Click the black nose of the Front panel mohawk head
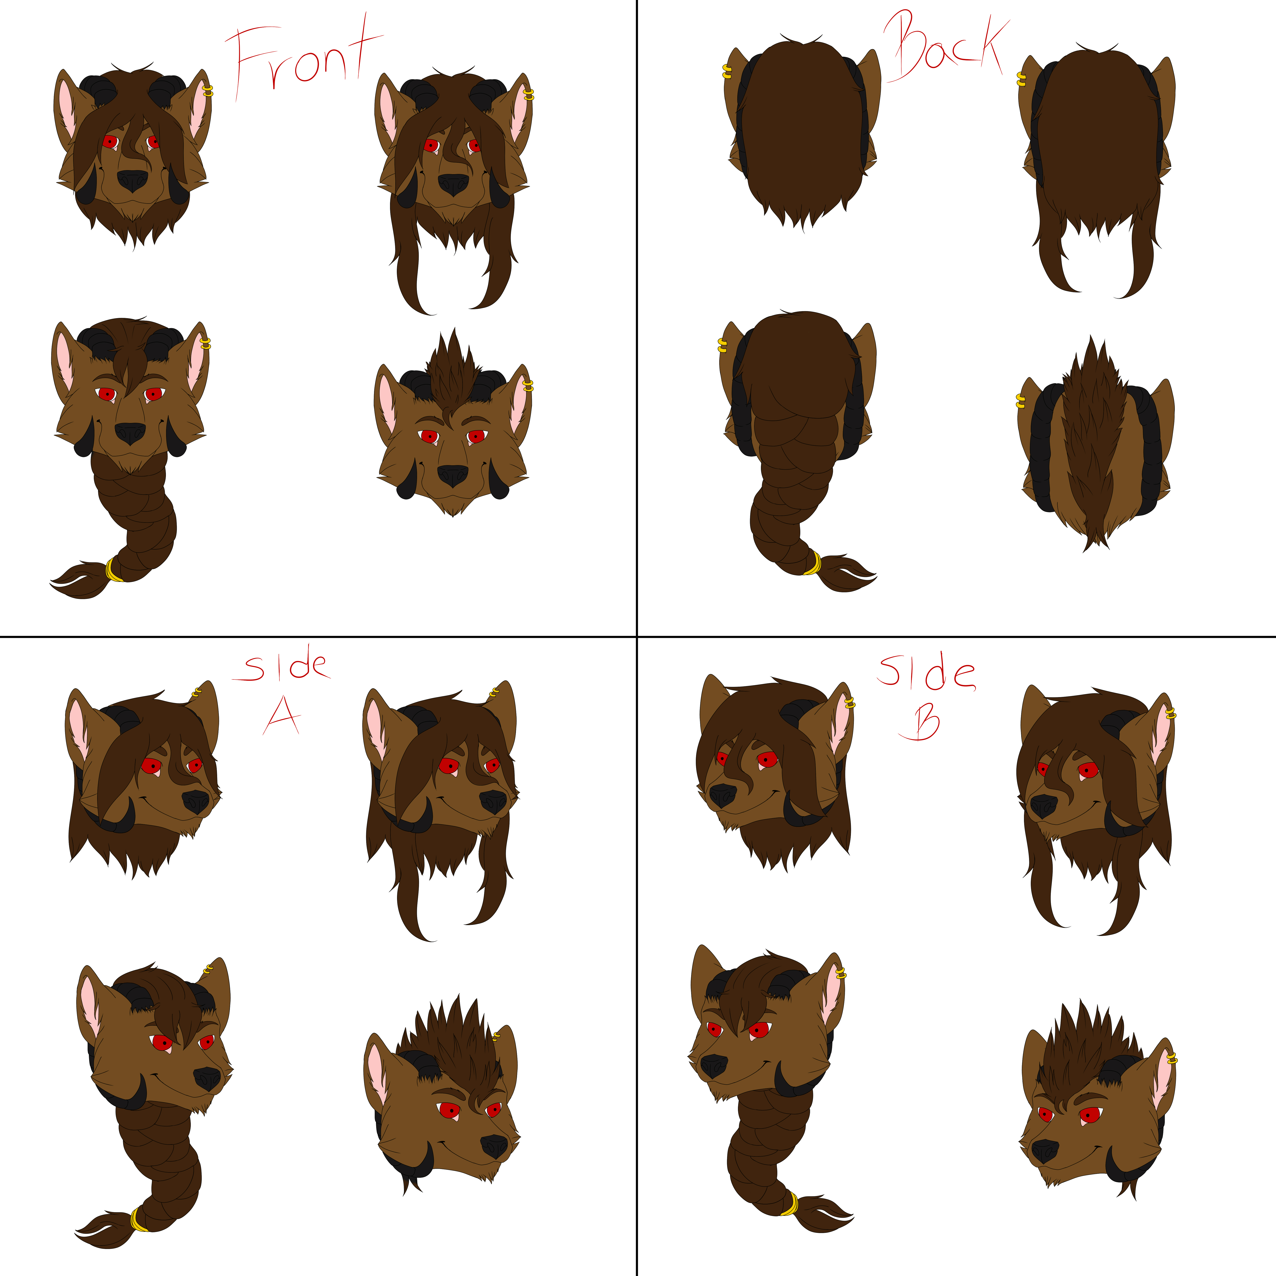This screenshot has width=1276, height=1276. tap(452, 476)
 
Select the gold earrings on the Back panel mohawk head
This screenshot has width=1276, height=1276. tap(1020, 401)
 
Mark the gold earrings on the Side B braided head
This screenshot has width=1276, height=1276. tap(841, 973)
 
